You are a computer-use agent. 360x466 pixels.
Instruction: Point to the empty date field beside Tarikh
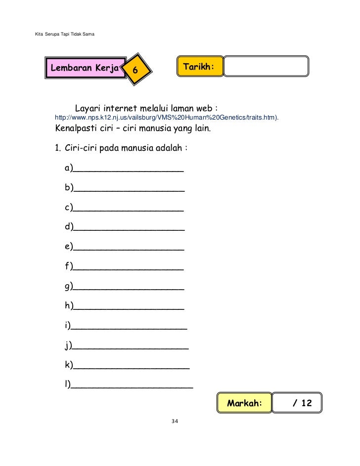[266, 66]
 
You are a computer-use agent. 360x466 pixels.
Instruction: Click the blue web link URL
[166, 118]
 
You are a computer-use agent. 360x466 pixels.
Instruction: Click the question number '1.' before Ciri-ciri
[57, 148]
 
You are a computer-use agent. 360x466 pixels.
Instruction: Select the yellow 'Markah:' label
[244, 403]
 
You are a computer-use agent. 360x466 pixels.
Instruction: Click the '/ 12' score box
[297, 403]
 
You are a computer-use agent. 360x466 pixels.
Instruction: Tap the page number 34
[174, 422]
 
